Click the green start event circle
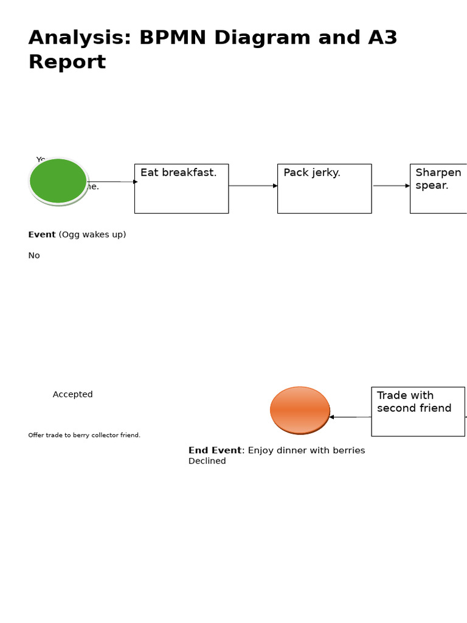(58, 181)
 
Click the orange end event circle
(300, 411)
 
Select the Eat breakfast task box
(181, 189)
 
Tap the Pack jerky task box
(324, 189)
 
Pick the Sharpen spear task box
(438, 189)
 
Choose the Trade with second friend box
(418, 411)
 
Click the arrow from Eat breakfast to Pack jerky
(252, 186)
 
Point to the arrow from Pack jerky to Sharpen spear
(390, 186)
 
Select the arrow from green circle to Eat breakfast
(112, 182)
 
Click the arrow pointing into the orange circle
(350, 417)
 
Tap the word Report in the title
(67, 62)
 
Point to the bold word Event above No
(42, 235)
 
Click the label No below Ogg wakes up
(34, 256)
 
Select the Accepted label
(73, 394)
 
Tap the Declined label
(207, 461)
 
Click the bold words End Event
(215, 451)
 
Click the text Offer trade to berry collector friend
(84, 435)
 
